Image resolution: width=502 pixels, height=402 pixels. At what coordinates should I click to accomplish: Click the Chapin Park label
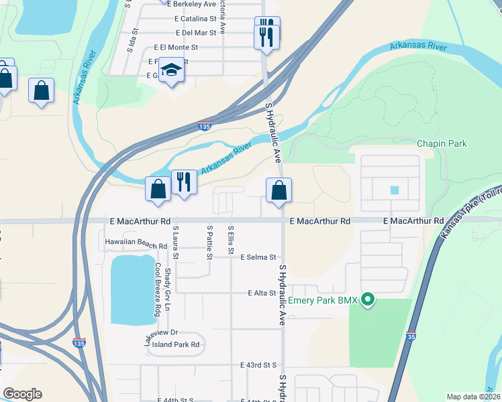[441, 143]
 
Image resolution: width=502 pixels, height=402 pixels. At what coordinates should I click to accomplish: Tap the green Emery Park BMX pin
[367, 299]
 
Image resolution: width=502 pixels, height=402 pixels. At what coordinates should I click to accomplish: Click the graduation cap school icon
[172, 71]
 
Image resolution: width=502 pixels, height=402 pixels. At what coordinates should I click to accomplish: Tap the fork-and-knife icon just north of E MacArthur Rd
[183, 182]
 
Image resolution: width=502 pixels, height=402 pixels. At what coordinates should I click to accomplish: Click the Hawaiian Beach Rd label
[136, 245]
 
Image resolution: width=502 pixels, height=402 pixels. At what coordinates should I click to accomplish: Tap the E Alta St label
[261, 293]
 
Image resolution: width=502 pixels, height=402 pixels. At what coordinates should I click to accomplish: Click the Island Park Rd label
[176, 344]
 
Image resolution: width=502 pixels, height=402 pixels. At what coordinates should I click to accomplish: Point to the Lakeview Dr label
[160, 334]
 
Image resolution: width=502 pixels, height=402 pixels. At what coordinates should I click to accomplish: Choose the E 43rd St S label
[258, 365]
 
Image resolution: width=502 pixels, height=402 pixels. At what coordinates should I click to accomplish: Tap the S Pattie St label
[209, 243]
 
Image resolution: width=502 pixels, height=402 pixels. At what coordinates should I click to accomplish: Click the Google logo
[22, 394]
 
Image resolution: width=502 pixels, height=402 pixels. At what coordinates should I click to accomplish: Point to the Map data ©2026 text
[474, 397]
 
